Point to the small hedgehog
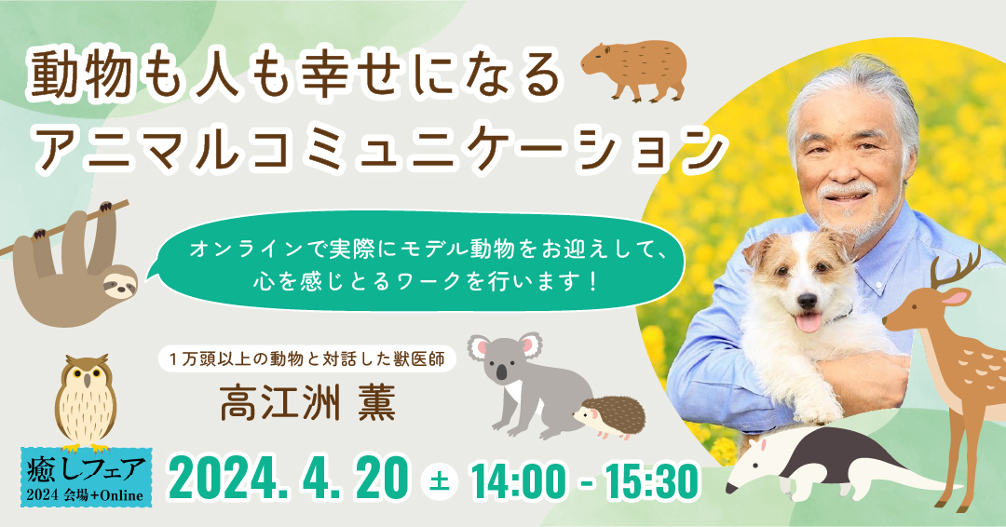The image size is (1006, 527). click(610, 418)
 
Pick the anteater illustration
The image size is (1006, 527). click(820, 461)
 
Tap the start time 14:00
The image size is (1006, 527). click(518, 480)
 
